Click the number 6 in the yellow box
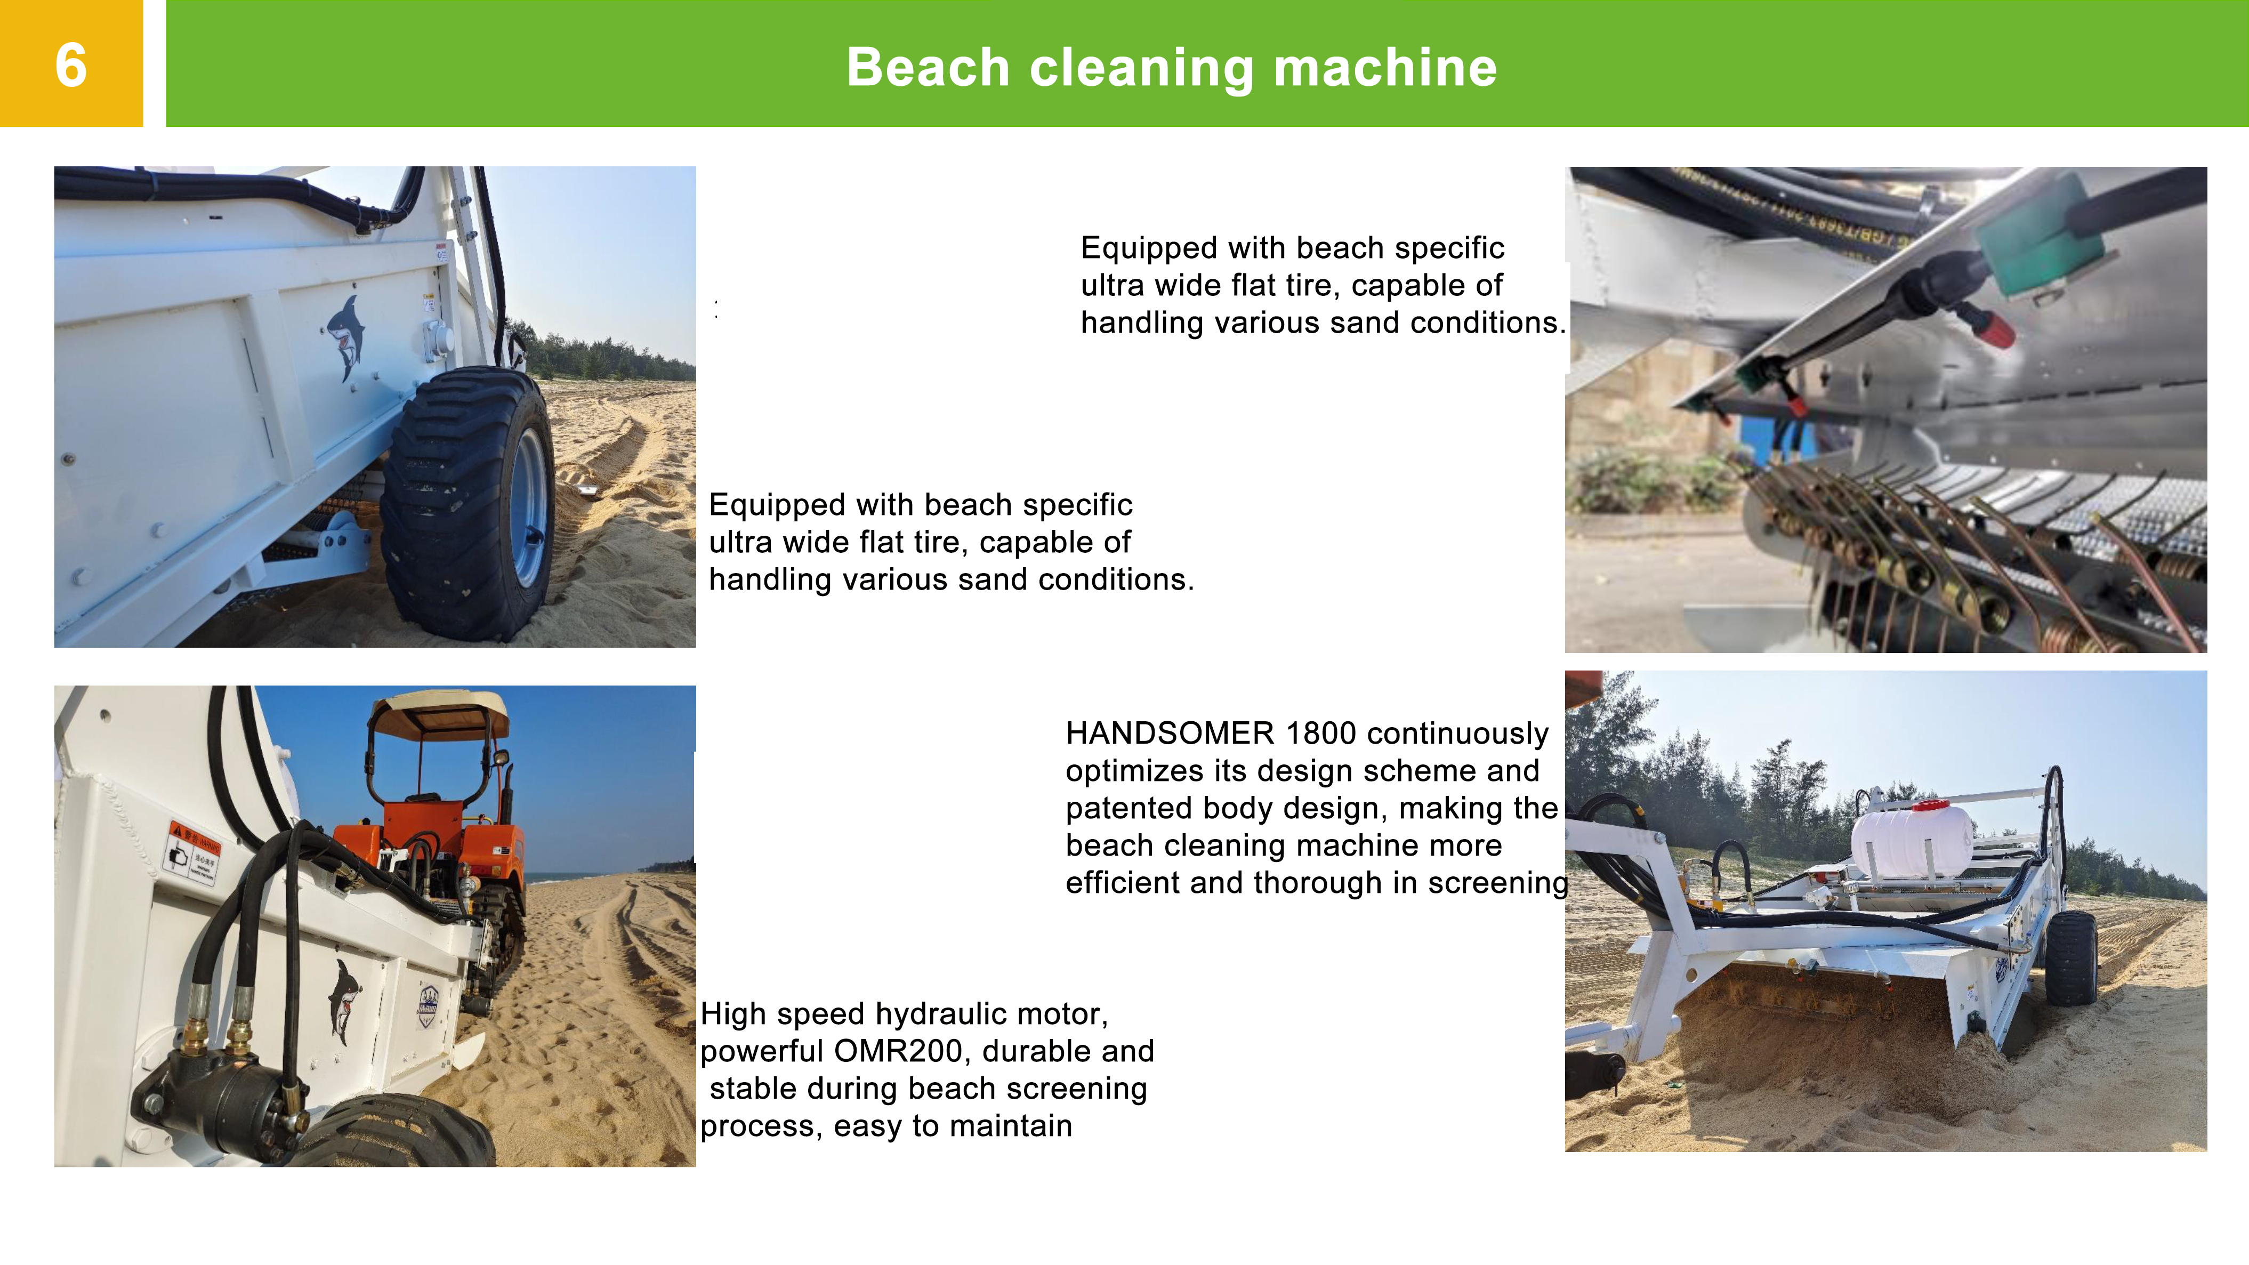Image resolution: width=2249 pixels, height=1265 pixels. pyautogui.click(x=71, y=66)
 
